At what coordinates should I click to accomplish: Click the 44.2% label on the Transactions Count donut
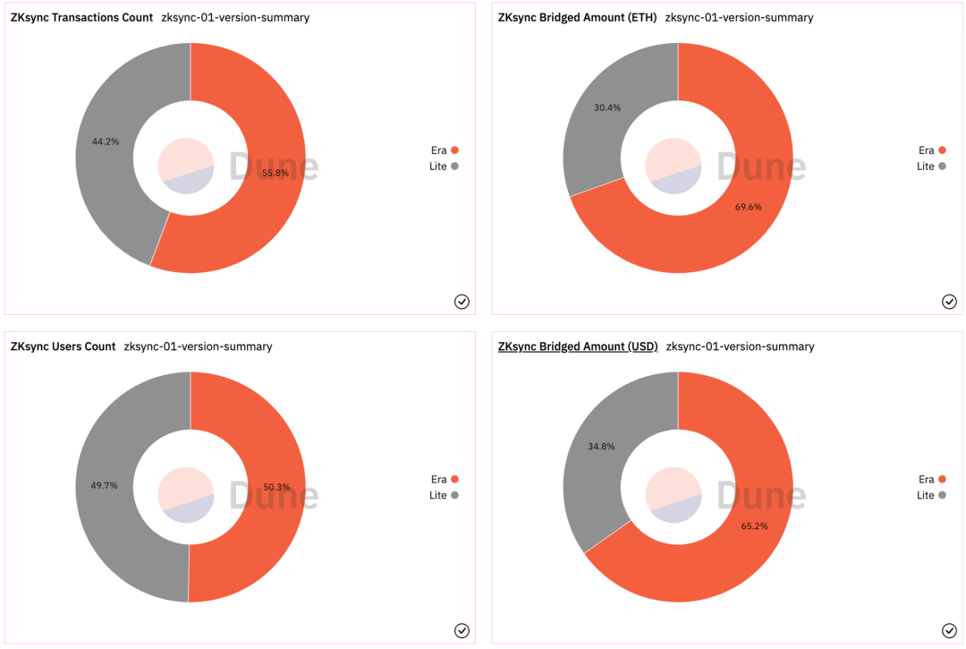pos(106,141)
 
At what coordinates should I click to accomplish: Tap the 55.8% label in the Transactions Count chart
pos(275,173)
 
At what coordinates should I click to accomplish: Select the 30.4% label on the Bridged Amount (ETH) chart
pos(607,107)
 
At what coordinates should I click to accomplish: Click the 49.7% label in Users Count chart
pos(105,485)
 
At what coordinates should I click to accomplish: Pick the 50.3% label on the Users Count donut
pos(276,487)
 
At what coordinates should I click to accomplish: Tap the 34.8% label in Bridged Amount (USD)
pos(601,446)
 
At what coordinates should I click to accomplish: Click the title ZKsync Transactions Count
pos(81,17)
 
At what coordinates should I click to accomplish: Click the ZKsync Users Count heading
pos(63,346)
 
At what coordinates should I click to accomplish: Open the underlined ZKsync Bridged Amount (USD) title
pos(578,346)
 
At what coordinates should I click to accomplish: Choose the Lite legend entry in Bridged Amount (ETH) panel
pos(932,167)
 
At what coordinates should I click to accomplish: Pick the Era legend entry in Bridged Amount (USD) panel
pos(932,479)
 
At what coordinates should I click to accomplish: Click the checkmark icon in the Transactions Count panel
pos(462,302)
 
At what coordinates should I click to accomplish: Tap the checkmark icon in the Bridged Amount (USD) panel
pos(949,630)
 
